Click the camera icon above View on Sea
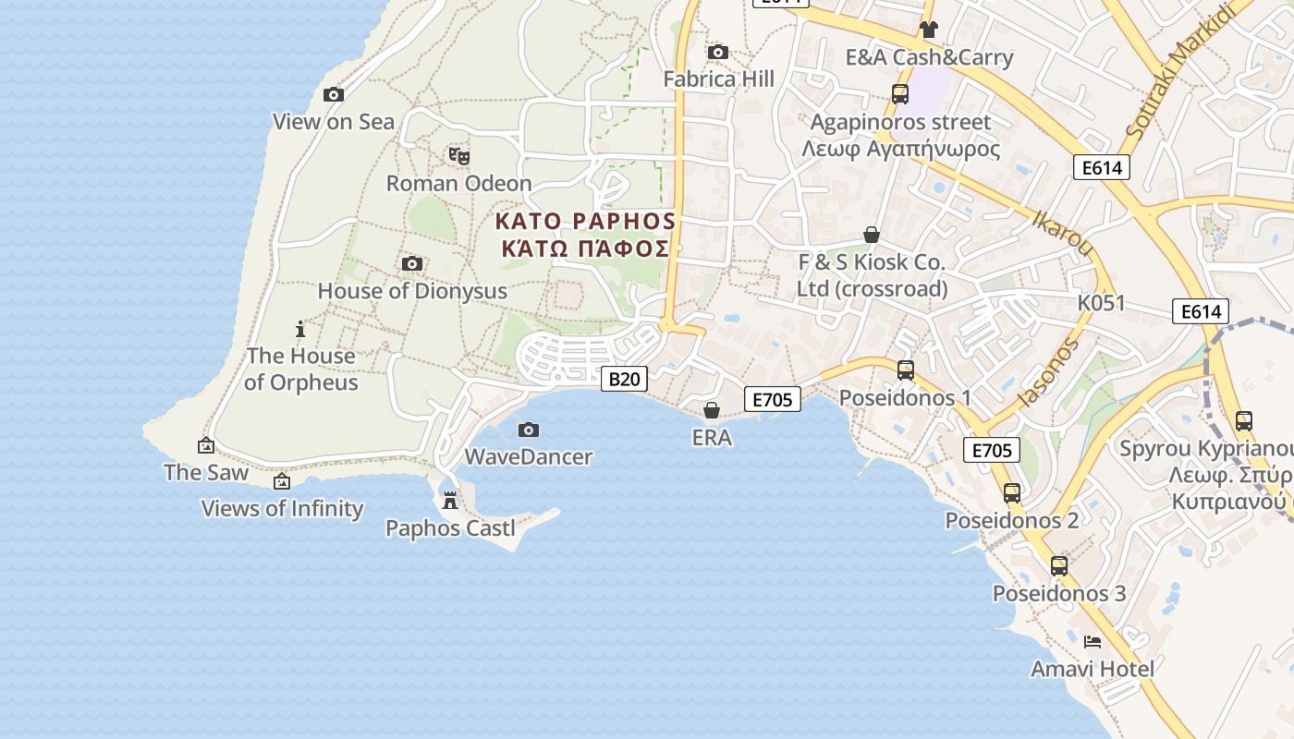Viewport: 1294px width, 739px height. (x=334, y=94)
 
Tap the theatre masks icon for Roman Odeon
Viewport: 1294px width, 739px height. (x=458, y=156)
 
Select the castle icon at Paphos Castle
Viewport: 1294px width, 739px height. (x=450, y=501)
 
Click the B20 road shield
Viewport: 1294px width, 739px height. (x=624, y=379)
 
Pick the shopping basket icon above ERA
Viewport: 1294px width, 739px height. (x=712, y=410)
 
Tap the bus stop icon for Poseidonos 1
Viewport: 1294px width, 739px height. (x=906, y=370)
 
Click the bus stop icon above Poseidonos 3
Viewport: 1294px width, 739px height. (x=1059, y=566)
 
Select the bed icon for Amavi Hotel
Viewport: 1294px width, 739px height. (x=1093, y=641)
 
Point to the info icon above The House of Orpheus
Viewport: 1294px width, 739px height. (x=299, y=329)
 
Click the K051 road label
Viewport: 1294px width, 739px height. (x=1102, y=303)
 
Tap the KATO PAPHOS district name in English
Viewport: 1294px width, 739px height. (x=586, y=222)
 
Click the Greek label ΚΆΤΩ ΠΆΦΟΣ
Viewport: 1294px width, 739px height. (x=586, y=249)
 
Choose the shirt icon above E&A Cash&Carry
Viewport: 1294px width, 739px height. (x=929, y=30)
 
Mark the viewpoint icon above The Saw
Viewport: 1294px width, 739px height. (x=206, y=445)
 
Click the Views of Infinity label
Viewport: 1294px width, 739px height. (x=282, y=508)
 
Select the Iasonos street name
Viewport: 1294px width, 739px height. (x=1048, y=372)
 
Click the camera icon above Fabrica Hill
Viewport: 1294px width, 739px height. (x=717, y=52)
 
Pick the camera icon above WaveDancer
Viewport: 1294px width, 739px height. (x=528, y=430)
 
